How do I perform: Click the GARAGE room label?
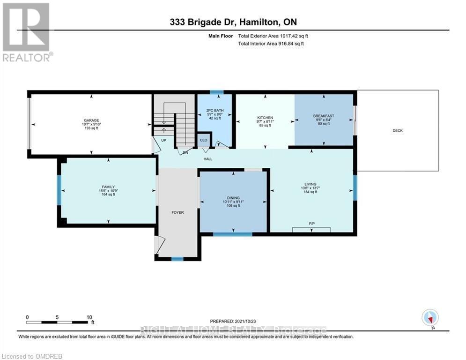coord(91,120)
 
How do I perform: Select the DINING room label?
coord(233,198)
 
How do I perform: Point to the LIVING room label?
coord(310,184)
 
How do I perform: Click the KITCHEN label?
coord(265,118)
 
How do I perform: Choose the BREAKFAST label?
coord(324,116)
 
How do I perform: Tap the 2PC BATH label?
coord(215,111)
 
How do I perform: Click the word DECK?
coord(397,131)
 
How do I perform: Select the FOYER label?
coord(178,212)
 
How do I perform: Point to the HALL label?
coord(207,159)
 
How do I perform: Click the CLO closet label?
coord(204,140)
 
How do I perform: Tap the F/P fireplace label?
coord(311,224)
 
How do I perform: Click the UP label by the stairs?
coord(163,140)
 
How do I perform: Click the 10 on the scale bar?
coord(89,317)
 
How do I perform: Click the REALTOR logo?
coord(27,32)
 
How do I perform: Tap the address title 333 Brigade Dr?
coord(201,22)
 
